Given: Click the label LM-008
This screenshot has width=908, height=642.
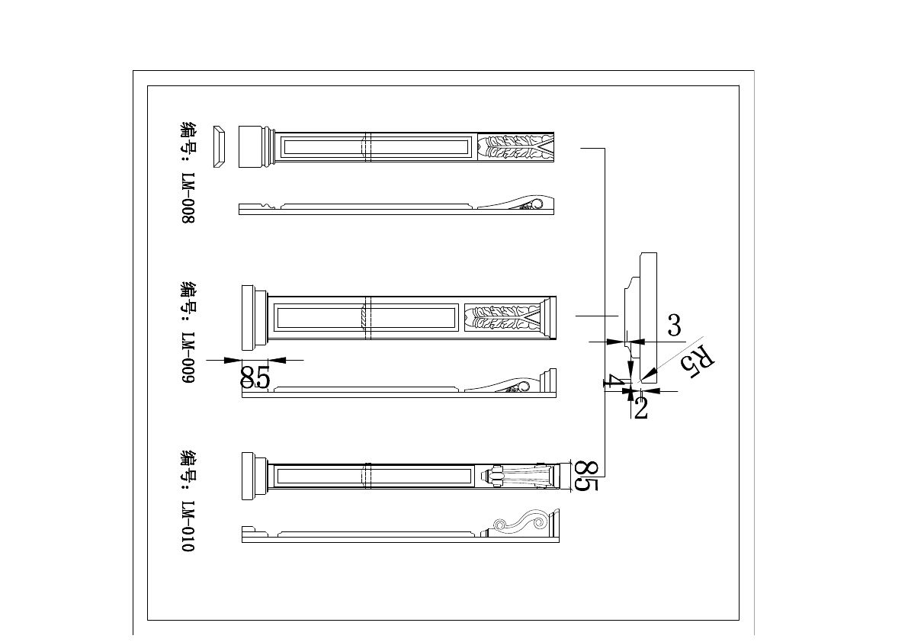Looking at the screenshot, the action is click(x=189, y=197).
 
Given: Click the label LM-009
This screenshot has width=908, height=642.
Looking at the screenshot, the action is click(x=189, y=358).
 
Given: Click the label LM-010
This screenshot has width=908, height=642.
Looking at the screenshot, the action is click(x=189, y=526).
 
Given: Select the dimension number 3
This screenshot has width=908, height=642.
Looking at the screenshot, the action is click(x=674, y=326).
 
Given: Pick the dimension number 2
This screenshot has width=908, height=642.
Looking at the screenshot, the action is click(x=640, y=408).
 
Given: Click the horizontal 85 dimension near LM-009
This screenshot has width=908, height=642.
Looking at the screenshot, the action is click(x=255, y=377).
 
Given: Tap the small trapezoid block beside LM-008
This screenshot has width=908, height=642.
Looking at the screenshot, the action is click(x=219, y=146).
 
